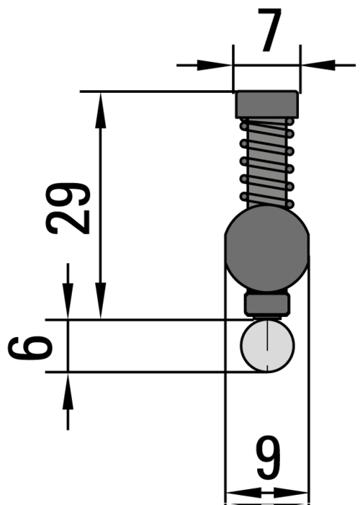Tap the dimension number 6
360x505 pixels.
tap(31, 347)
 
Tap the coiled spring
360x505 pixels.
tap(267, 163)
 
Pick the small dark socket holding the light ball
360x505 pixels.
tap(267, 303)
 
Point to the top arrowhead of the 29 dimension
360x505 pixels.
tap(102, 104)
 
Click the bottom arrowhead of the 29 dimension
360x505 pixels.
tap(102, 306)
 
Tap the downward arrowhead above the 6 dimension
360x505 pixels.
tap(68, 307)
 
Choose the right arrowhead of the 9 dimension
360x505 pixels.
tap(299, 494)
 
